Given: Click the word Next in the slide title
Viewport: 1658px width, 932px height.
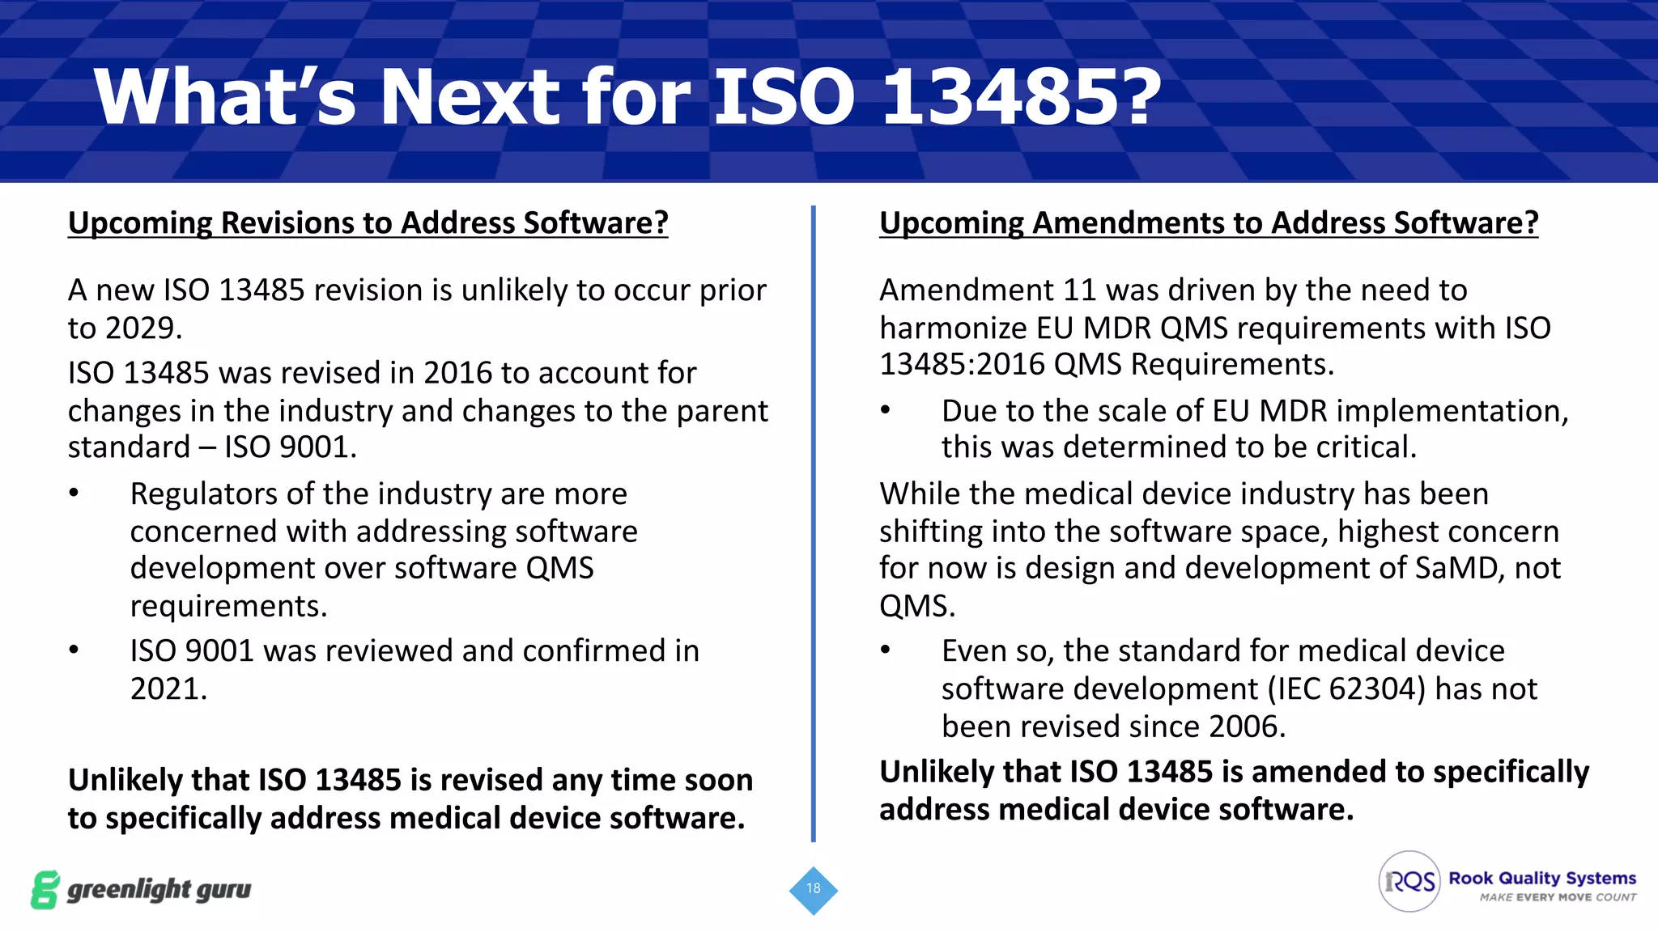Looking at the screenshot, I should point(470,97).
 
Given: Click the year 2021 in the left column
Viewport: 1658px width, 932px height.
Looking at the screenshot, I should point(167,688).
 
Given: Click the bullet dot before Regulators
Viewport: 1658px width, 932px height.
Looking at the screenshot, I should point(74,494).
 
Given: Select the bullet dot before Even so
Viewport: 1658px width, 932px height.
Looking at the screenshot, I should point(886,650).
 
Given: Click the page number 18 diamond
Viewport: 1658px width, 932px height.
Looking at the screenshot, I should point(813,889).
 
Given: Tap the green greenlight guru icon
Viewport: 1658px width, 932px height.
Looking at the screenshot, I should point(45,890).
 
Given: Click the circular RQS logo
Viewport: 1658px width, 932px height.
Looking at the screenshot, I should point(1409,881).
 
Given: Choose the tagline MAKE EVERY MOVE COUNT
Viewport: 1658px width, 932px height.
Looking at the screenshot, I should point(1558,897).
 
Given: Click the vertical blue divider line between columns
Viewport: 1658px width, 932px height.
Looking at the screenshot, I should point(813,526).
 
